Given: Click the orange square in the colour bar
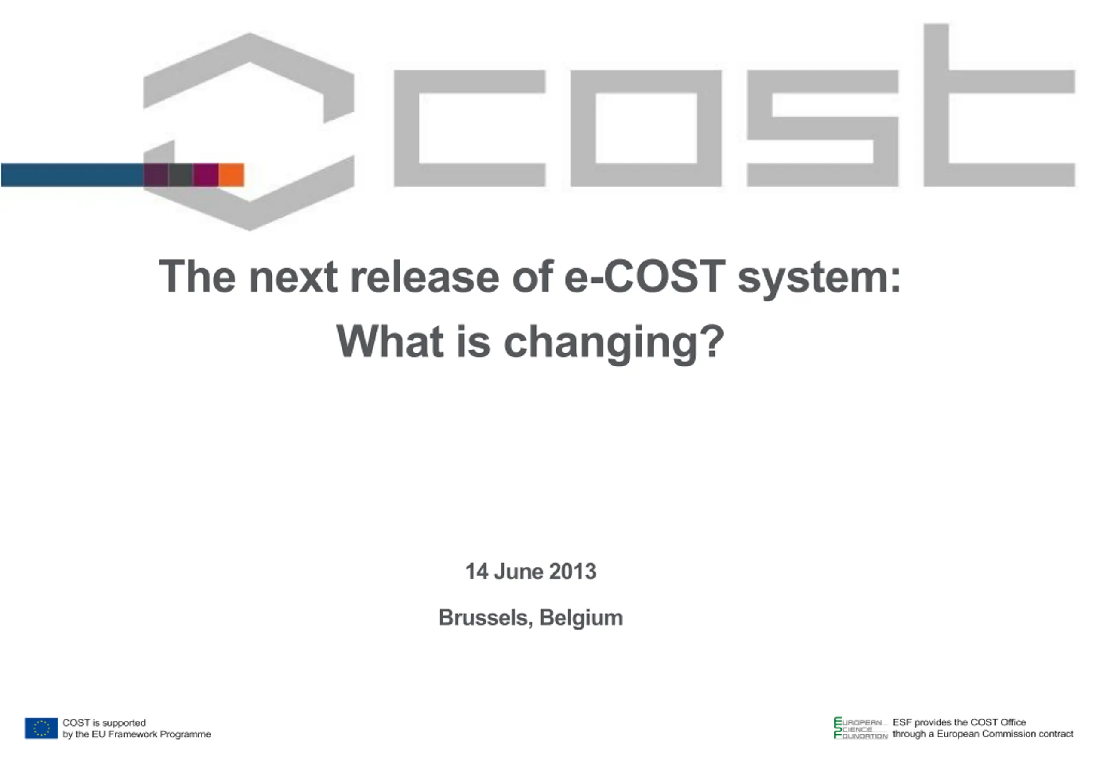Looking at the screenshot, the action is pos(231,175).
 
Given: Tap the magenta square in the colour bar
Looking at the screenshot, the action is pos(206,175).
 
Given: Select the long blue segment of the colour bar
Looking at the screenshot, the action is pos(72,175).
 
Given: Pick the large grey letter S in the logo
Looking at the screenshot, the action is pos(822,128).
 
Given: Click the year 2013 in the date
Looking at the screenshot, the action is pos(572,571).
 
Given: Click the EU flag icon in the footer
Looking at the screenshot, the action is pos(42,728).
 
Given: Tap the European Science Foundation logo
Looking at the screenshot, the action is pos(861,728).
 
